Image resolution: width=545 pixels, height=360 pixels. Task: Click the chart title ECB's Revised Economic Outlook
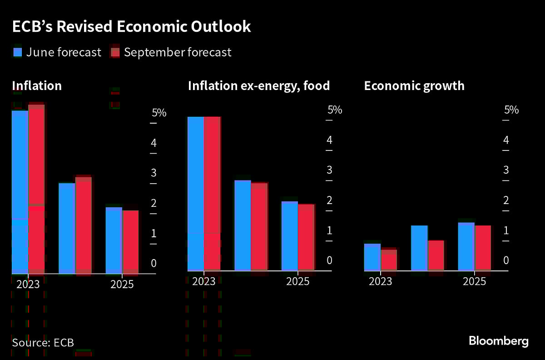click(131, 26)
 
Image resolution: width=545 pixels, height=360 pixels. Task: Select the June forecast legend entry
click(56, 52)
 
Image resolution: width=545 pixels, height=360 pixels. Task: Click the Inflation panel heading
click(37, 85)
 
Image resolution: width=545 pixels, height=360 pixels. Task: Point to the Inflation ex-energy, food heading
click(259, 85)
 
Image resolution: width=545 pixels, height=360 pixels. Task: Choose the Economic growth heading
click(414, 85)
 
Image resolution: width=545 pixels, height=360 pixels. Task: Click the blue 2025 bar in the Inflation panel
click(114, 241)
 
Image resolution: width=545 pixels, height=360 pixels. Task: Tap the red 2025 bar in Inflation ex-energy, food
click(306, 238)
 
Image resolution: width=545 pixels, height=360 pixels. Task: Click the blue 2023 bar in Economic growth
click(372, 257)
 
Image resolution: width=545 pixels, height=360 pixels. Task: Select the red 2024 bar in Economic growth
click(436, 256)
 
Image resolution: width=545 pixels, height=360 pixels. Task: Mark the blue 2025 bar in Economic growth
click(466, 247)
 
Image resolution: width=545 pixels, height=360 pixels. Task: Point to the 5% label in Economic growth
click(511, 110)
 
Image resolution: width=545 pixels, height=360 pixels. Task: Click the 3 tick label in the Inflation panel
click(154, 173)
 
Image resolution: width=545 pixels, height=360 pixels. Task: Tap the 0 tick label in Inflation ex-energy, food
click(330, 260)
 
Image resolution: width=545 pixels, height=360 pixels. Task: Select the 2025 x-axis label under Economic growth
click(474, 282)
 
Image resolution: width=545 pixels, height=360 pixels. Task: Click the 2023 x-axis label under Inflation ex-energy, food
click(203, 282)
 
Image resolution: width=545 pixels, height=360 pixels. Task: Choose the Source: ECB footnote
click(43, 343)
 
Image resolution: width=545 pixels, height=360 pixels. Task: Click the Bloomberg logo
click(498, 341)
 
